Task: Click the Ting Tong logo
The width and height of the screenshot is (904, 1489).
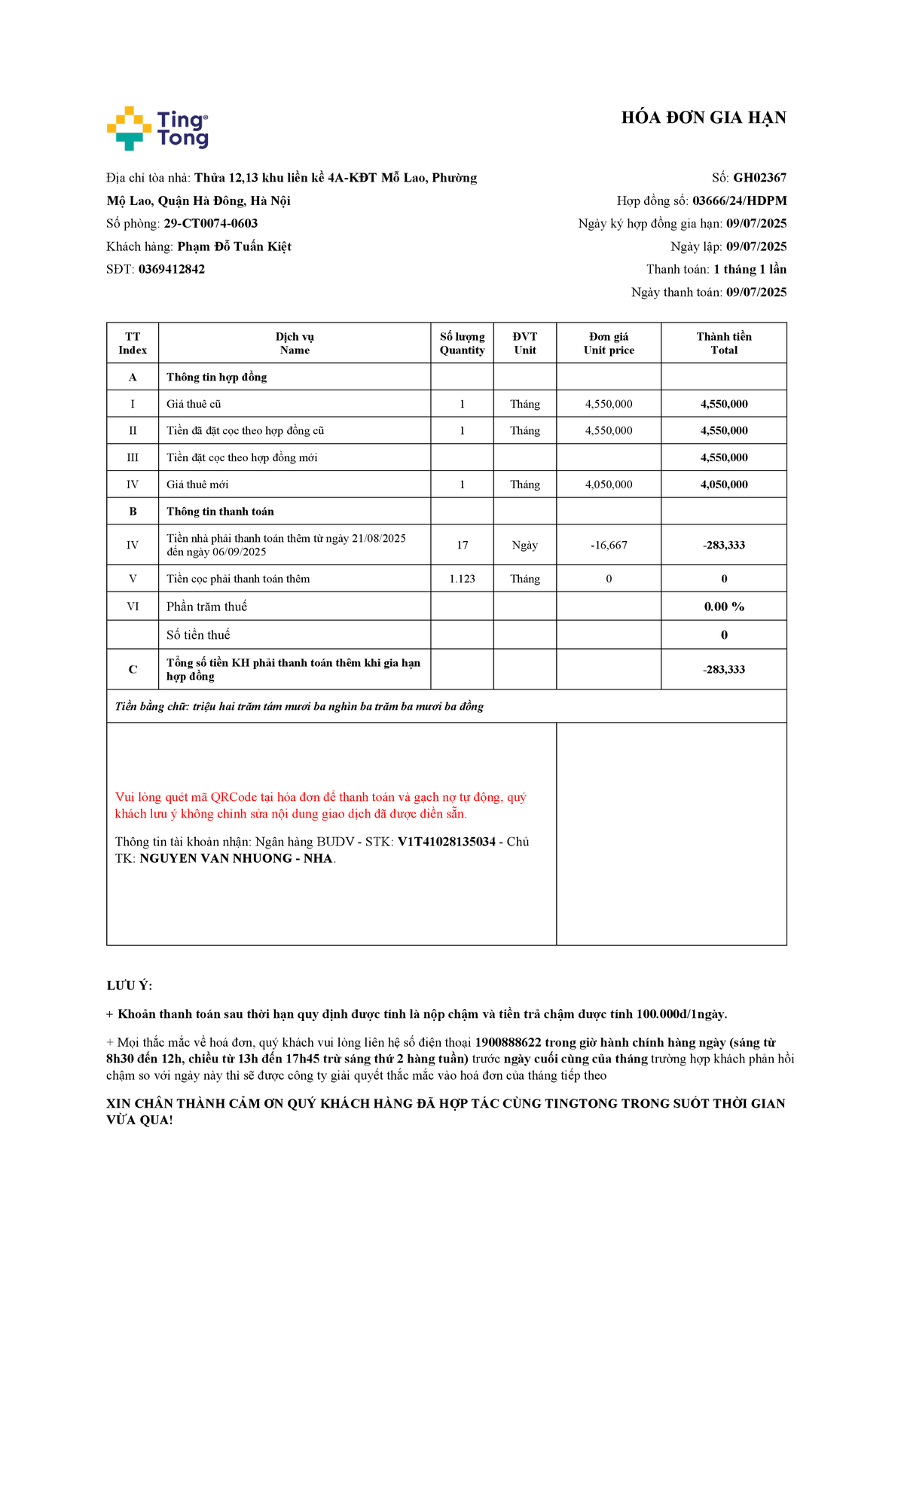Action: point(157,128)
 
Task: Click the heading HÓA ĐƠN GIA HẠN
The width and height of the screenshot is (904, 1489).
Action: point(704,118)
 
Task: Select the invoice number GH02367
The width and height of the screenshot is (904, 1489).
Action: point(759,178)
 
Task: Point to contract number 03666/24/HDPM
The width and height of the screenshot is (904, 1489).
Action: point(739,200)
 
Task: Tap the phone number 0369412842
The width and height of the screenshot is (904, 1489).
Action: point(171,269)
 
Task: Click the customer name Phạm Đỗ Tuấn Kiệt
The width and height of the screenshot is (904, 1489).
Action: point(234,246)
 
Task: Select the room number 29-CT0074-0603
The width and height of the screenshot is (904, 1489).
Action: point(210,224)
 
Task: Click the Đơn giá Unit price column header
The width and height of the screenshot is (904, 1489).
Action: point(609,343)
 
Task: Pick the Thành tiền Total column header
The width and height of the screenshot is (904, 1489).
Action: point(723,343)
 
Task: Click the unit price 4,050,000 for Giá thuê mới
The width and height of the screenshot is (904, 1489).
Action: point(609,485)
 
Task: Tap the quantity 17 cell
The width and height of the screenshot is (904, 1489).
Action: point(462,545)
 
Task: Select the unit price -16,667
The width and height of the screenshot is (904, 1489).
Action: point(609,545)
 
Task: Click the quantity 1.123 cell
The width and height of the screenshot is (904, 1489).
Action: point(462,579)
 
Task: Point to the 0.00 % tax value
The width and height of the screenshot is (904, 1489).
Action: point(723,607)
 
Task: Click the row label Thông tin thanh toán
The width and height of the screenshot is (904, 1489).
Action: point(220,512)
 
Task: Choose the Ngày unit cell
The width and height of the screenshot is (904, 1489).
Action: point(524,545)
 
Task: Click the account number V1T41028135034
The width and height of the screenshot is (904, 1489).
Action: point(446,842)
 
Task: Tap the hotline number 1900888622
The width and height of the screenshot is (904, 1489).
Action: point(508,1043)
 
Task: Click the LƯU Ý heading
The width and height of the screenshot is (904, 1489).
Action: point(129,986)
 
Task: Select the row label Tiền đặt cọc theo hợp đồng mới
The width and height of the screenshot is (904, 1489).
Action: point(242,457)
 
